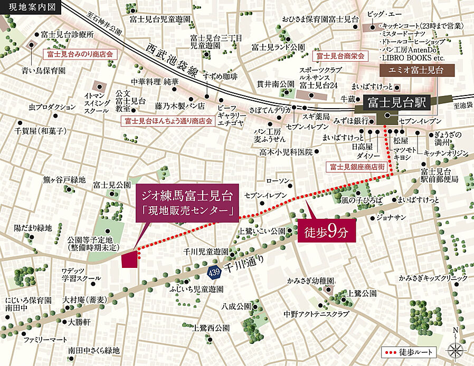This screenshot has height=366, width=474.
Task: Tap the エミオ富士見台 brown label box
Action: (411, 70)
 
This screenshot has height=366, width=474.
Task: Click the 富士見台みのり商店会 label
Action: (80, 54)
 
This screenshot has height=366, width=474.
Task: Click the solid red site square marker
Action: (129, 259)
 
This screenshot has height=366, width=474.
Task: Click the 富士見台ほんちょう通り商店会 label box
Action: (168, 121)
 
